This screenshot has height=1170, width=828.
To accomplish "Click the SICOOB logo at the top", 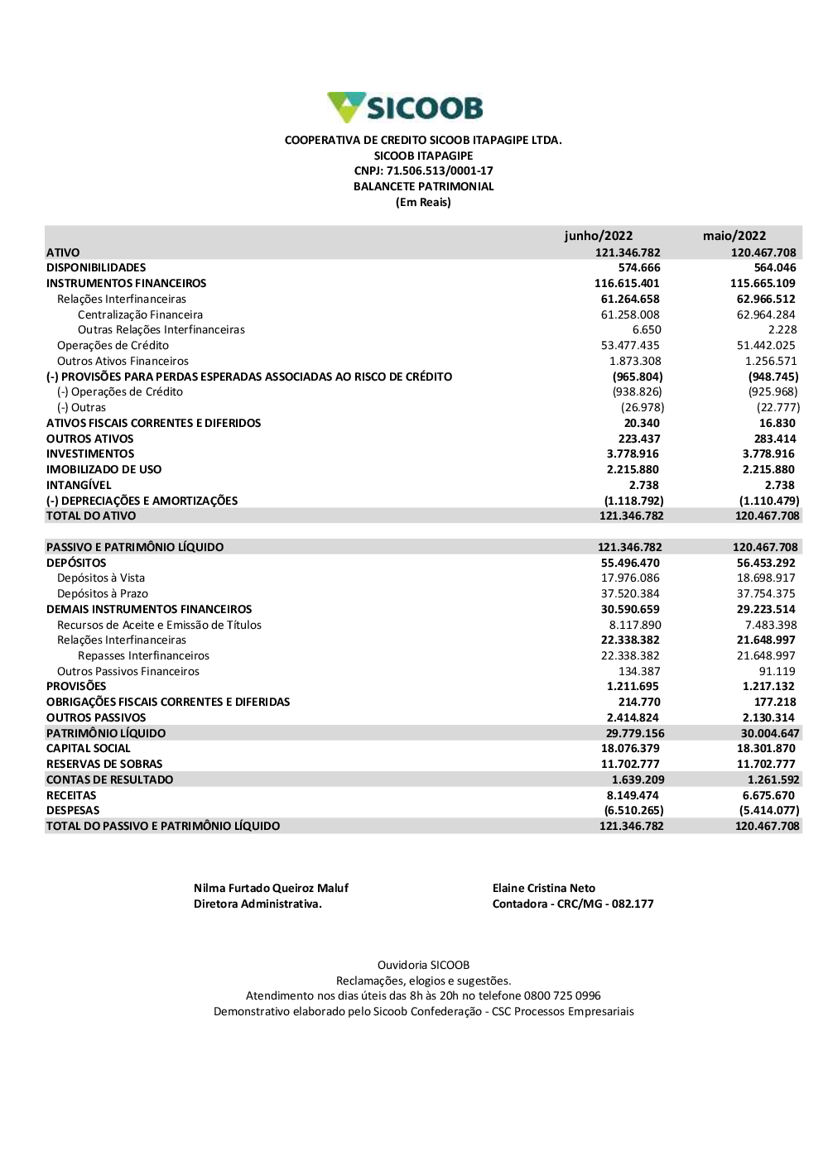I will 405,108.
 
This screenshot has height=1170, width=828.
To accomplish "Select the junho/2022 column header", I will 598,236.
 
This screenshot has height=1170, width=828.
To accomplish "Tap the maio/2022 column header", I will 734,236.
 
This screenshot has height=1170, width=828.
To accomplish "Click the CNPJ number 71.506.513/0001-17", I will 440,171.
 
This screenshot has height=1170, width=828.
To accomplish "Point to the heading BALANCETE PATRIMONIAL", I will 423,187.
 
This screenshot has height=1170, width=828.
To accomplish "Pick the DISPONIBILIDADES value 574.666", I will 639,268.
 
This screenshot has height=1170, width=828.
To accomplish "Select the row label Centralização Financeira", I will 140,314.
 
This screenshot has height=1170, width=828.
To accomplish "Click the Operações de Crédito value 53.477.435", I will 630,346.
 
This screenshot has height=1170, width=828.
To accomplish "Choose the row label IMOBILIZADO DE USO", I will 103,470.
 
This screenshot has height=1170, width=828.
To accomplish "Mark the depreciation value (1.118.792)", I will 633,501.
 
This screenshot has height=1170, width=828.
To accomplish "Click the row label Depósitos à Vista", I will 101,578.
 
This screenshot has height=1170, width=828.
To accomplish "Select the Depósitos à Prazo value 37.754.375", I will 766,594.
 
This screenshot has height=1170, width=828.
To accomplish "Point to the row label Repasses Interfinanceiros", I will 143,656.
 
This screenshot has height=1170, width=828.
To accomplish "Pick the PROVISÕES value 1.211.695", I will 633,687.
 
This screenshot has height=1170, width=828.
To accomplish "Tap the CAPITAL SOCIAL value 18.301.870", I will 766,749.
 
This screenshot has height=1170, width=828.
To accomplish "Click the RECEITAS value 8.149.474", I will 633,796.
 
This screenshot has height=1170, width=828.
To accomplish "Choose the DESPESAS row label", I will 73,811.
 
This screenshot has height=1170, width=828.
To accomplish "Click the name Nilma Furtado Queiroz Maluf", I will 271,889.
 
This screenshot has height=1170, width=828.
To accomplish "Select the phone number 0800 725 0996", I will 562,996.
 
